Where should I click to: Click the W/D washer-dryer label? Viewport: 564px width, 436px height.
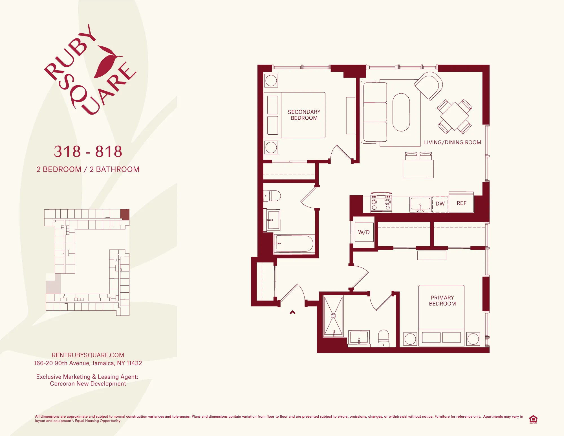364,232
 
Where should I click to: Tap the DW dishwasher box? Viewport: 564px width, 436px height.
440,204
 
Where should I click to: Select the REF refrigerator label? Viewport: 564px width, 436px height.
461,203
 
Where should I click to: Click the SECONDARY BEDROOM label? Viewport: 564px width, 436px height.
304,115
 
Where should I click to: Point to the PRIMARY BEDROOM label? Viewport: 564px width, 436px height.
442,301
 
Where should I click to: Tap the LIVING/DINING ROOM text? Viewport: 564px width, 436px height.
452,143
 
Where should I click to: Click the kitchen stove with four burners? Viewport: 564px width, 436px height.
381,203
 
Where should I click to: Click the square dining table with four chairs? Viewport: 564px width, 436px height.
455,116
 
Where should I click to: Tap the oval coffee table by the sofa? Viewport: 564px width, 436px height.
401,112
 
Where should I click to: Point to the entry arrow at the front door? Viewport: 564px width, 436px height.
292,312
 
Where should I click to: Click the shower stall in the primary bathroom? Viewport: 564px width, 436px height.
333,316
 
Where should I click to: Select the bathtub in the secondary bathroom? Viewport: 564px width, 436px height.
294,243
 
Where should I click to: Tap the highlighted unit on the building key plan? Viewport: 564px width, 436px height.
125,214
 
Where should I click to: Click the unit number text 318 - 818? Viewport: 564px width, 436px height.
88,152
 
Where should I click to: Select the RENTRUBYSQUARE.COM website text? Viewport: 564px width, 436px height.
88,355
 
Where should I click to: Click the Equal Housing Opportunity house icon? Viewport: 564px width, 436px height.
533,419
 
